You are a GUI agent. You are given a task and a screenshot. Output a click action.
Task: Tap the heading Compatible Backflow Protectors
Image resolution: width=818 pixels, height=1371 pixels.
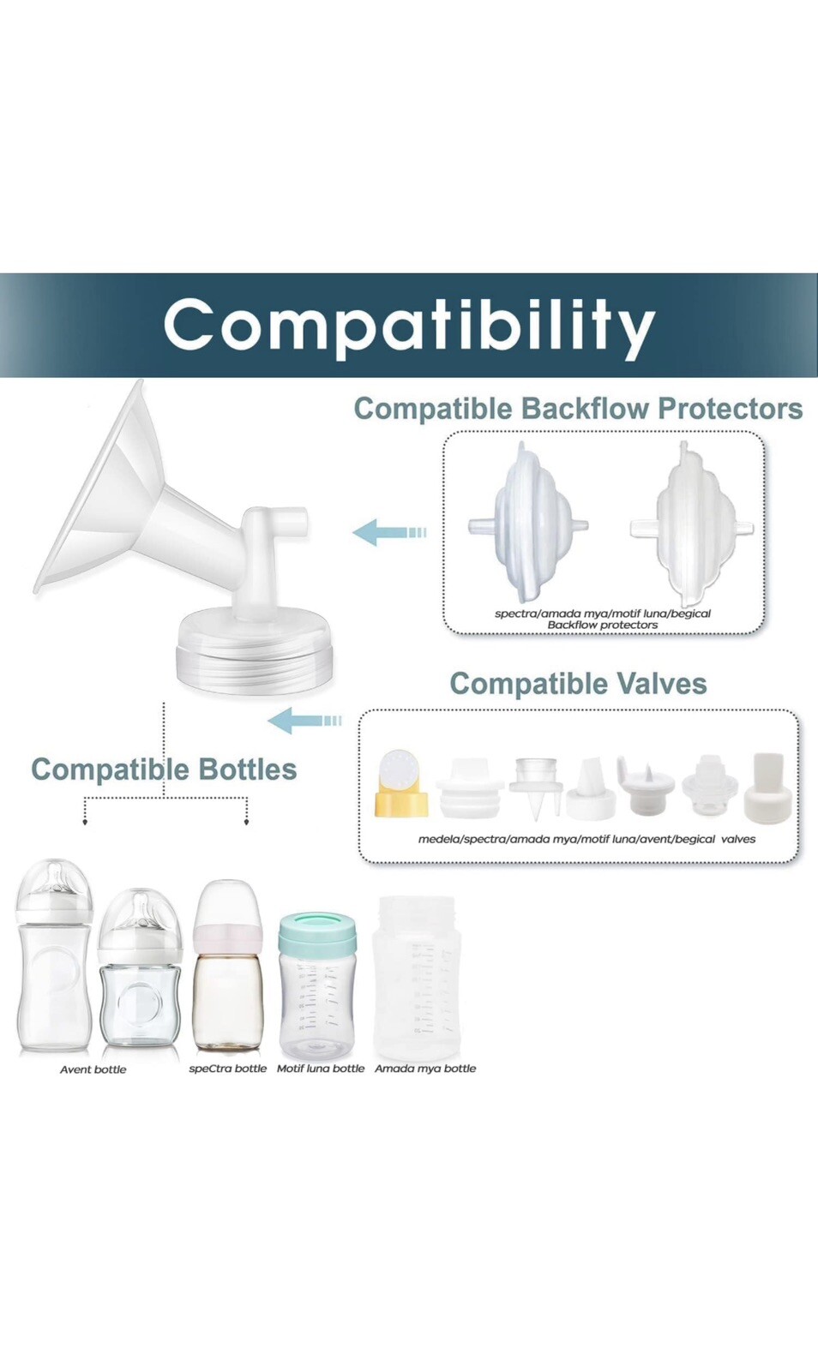tap(578, 409)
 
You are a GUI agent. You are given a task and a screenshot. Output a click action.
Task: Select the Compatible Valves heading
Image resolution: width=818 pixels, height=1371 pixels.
tap(578, 684)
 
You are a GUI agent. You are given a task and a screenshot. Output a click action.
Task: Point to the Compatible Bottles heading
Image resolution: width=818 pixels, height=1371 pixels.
tap(164, 769)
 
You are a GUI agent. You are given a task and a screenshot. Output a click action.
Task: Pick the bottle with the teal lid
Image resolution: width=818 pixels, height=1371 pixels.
tap(316, 987)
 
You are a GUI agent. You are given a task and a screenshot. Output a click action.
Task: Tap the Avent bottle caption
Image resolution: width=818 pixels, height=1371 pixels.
tap(93, 1087)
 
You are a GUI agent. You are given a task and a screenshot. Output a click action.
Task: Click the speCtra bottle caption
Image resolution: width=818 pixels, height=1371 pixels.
tap(228, 1085)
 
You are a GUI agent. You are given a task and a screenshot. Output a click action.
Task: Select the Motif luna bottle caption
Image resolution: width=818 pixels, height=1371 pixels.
tap(320, 1085)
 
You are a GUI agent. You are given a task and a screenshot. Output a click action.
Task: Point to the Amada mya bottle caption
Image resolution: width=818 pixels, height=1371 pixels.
tap(425, 1085)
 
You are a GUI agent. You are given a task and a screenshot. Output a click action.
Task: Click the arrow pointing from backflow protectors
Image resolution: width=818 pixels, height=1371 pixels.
tap(388, 531)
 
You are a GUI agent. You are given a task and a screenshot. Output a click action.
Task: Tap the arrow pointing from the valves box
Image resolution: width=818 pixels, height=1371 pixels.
tap(304, 720)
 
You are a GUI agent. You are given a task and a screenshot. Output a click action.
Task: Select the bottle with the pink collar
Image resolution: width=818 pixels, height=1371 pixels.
tap(227, 965)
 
